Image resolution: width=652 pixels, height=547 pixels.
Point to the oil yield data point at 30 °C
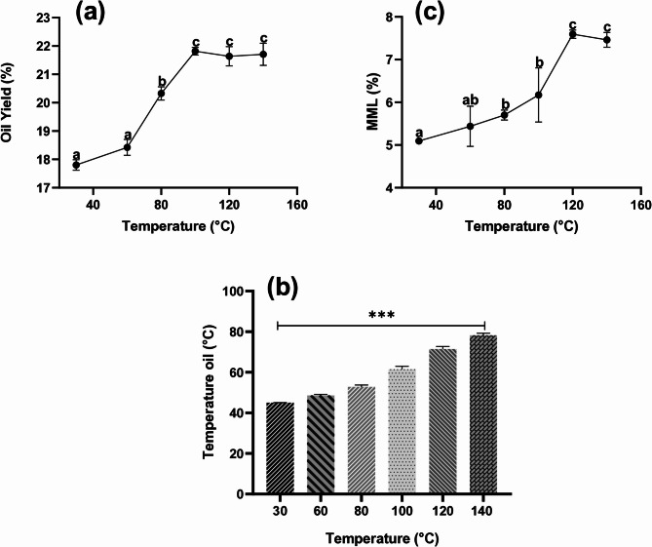(x=76, y=165)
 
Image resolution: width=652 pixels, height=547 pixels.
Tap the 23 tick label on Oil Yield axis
(x=47, y=17)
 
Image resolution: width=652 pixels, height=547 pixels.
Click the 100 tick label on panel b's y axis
(x=234, y=291)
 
